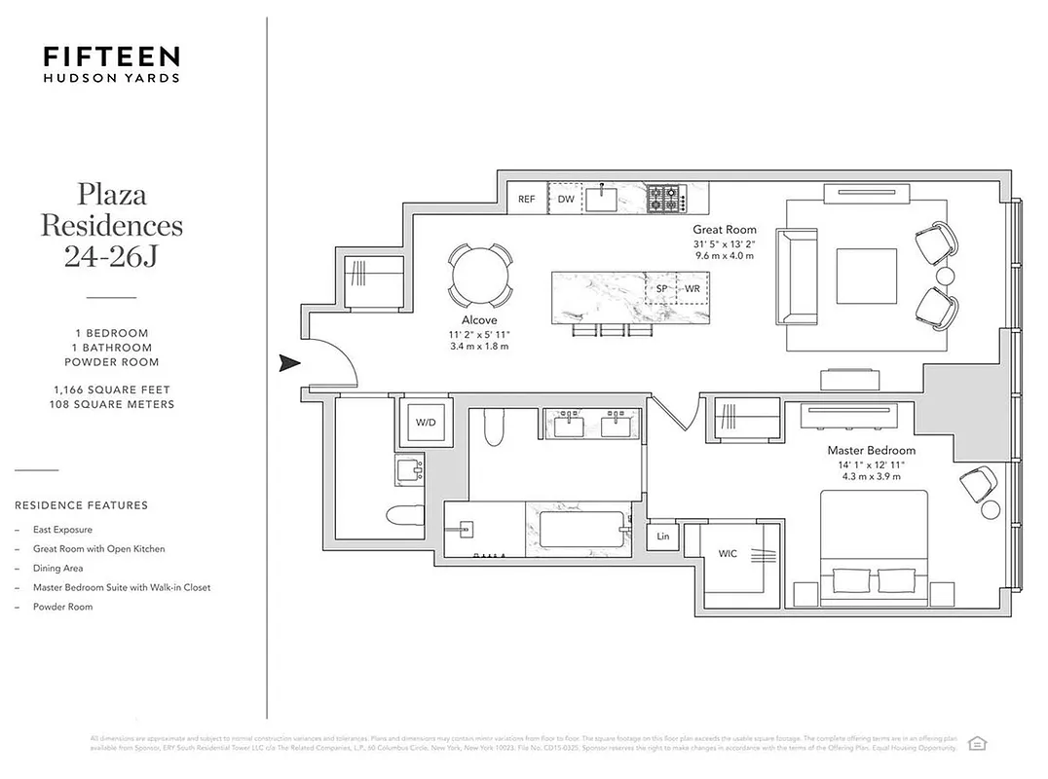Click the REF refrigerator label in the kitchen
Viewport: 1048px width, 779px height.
527,199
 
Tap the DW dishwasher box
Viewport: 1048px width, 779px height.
566,199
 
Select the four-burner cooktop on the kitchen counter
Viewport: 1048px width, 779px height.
665,198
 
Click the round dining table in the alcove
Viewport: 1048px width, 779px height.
480,275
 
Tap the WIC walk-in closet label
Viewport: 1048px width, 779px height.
728,554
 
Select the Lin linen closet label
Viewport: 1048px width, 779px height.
663,537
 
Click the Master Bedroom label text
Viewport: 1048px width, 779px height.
871,451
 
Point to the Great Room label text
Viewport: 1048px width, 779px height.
725,230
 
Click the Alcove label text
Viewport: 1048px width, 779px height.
479,320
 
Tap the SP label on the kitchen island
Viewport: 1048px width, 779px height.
662,289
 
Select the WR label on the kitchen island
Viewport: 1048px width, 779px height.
692,289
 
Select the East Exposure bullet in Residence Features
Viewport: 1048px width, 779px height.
62,530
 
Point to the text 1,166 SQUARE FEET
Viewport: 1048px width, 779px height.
111,390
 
